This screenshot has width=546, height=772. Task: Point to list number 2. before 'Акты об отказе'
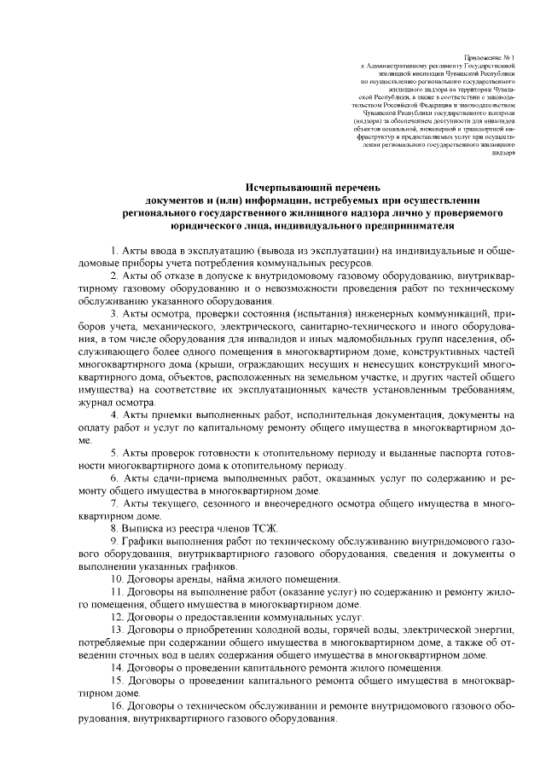coord(115,277)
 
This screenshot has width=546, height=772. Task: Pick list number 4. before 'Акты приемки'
coord(115,415)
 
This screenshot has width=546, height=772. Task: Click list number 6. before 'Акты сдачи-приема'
coord(115,478)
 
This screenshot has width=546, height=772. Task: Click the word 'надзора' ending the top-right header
coord(503,162)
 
